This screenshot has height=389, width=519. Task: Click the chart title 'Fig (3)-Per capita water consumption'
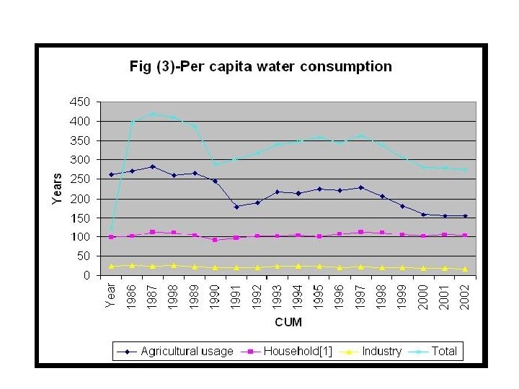pos(260,67)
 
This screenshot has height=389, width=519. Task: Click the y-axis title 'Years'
pos(58,189)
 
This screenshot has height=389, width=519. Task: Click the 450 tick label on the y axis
pos(80,102)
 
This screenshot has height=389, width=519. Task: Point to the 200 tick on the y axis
pos(80,198)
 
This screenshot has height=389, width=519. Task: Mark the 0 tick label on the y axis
pos(86,275)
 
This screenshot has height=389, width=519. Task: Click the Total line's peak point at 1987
pos(153,114)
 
